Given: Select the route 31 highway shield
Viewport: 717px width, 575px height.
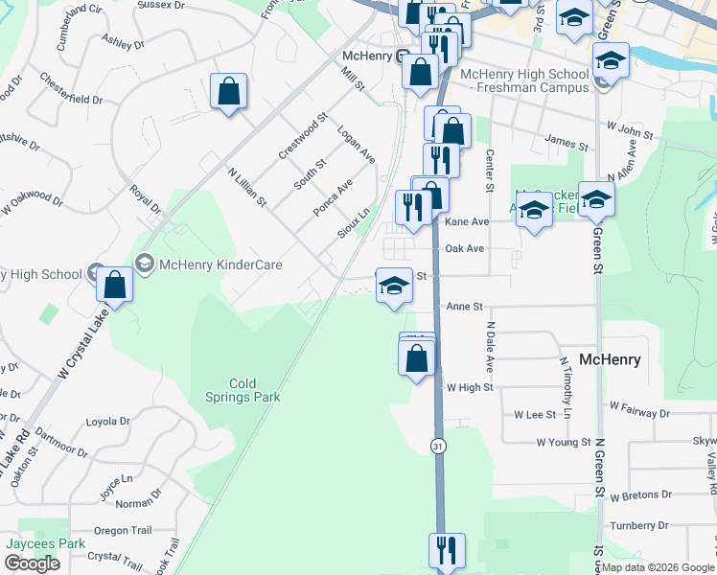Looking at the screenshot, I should (438, 446).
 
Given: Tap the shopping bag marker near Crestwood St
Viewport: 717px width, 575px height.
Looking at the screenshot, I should (228, 93).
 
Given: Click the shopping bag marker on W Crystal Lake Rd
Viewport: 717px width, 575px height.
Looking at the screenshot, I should (114, 286).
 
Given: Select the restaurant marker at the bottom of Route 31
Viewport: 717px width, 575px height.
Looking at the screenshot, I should (447, 551).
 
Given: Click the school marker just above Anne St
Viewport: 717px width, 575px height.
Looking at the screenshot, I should (393, 287).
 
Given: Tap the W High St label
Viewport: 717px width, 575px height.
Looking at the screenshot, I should (470, 387).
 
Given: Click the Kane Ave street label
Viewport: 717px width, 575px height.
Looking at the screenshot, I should (467, 221).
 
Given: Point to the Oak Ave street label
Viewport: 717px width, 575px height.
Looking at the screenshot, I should (465, 249).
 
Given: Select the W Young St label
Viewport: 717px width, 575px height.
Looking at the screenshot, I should (563, 443).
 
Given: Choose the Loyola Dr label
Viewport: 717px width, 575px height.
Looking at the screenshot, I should (107, 421).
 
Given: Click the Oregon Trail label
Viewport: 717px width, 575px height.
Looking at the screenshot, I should (123, 531).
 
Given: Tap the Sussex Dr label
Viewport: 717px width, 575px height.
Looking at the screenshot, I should (160, 6).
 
